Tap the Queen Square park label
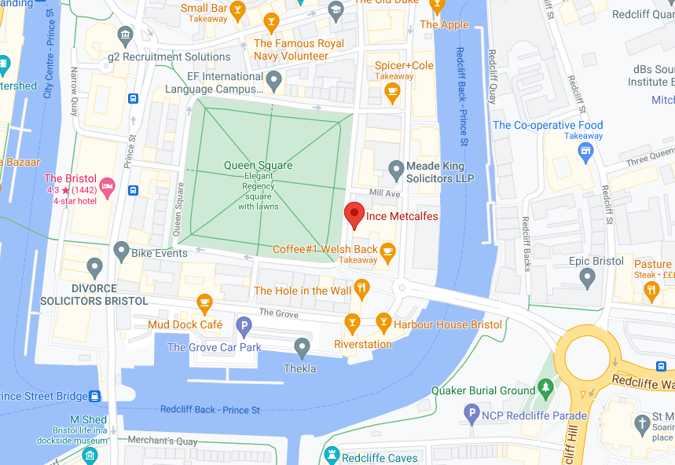pyautogui.click(x=258, y=165)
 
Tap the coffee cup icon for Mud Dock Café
pyautogui.click(x=204, y=302)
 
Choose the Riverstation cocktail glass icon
pyautogui.click(x=352, y=321)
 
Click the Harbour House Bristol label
pyautogui.click(x=448, y=324)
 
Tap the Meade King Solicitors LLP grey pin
pyautogui.click(x=397, y=169)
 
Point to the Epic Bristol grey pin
pyautogui.click(x=587, y=276)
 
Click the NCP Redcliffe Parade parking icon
pyautogui.click(x=471, y=412)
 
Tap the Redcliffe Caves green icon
pyautogui.click(x=332, y=456)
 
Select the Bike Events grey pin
pyautogui.click(x=121, y=251)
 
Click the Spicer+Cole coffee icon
pyautogui.click(x=392, y=92)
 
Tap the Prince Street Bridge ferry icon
pyautogui.click(x=94, y=396)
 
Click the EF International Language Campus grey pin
pyautogui.click(x=273, y=79)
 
